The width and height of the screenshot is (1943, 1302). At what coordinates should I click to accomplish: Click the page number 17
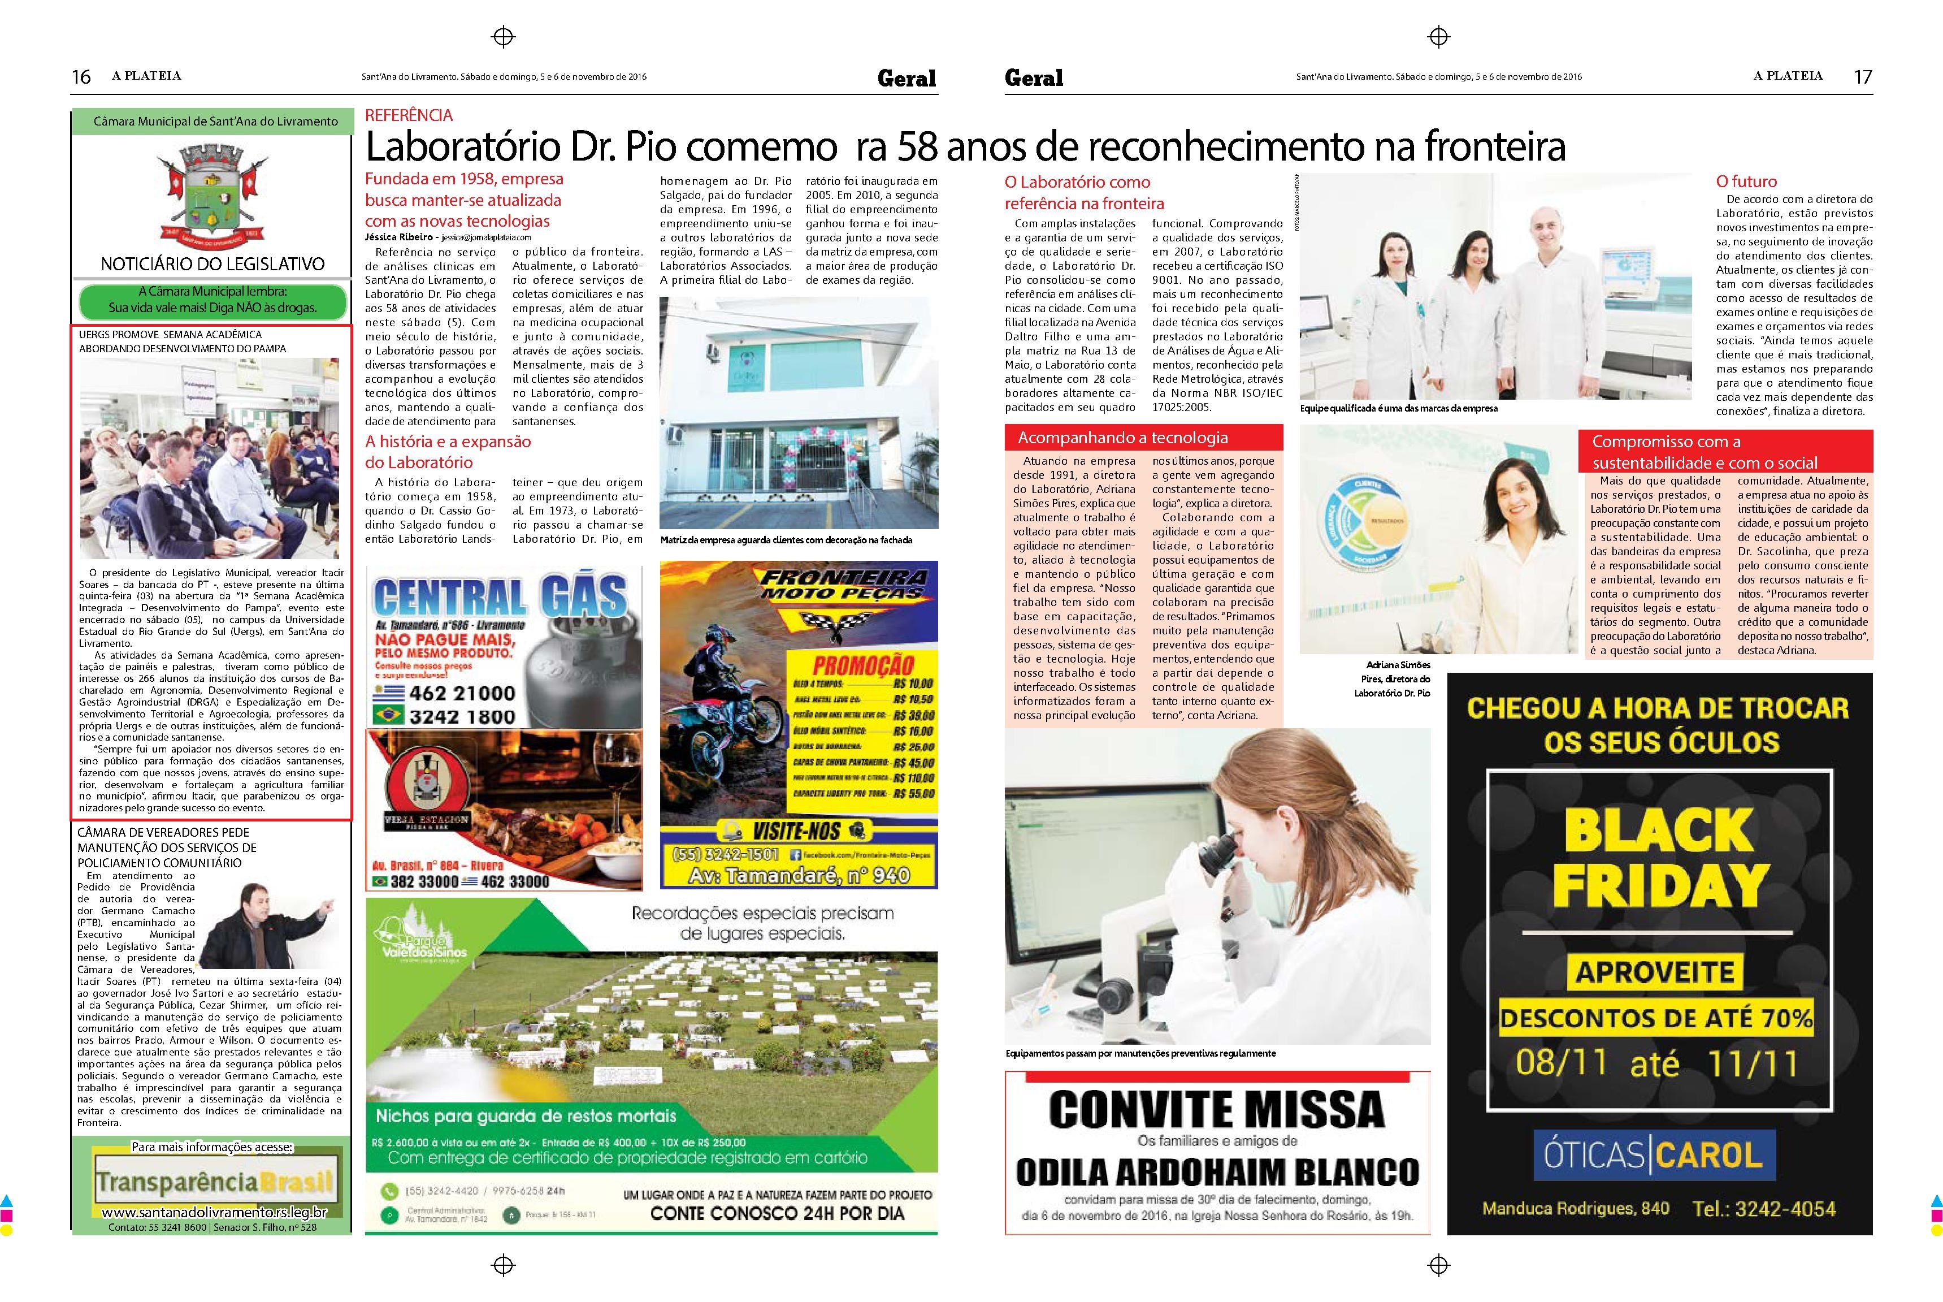(x=1863, y=76)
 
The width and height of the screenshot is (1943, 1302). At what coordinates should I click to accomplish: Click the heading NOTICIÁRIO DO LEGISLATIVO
(x=212, y=264)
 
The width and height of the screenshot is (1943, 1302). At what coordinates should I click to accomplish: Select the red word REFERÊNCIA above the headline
(x=409, y=115)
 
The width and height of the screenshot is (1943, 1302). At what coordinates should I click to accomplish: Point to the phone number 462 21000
(x=462, y=693)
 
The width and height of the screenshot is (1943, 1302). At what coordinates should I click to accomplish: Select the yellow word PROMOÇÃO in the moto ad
(x=862, y=665)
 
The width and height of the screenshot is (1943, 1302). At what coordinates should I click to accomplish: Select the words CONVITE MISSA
(x=1217, y=1109)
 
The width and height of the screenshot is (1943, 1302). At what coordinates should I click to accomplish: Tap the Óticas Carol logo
(x=1653, y=1154)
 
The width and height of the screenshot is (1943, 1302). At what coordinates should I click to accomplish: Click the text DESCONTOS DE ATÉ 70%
(x=1656, y=1017)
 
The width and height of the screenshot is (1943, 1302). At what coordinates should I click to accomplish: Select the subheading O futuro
(x=1746, y=181)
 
